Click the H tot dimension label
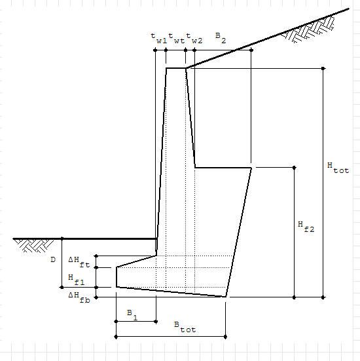(338, 168)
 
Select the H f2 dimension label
(306, 227)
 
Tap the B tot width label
(185, 327)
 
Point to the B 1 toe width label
(132, 315)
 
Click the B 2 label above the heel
(221, 38)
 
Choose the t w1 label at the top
(158, 38)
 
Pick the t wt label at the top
(177, 38)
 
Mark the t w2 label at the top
(194, 38)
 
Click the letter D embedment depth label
(53, 259)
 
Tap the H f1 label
(77, 280)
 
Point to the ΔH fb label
(79, 297)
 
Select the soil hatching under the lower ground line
(34, 246)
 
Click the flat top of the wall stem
(176, 68)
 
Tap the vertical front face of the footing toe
(117, 277)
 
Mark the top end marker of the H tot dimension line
(323, 68)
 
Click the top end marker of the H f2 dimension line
(294, 168)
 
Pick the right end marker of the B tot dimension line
(225, 337)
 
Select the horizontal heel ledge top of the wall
(223, 168)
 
